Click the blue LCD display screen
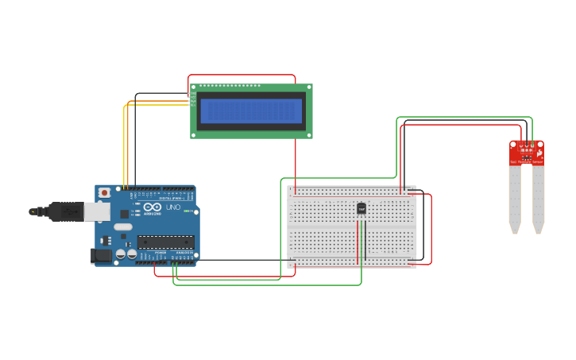pyautogui.click(x=251, y=111)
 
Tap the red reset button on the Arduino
pyautogui.click(x=104, y=192)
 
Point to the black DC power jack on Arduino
pyautogui.click(x=101, y=255)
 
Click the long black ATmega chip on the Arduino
pyautogui.click(x=165, y=242)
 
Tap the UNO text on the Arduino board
pyautogui.click(x=173, y=207)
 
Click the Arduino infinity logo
pyautogui.click(x=152, y=207)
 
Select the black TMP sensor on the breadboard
pyautogui.click(x=361, y=208)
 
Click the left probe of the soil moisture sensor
pyautogui.click(x=515, y=199)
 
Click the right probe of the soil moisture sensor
pyautogui.click(x=539, y=199)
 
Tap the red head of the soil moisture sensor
pyautogui.click(x=527, y=150)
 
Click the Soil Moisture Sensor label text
pyautogui.click(x=527, y=162)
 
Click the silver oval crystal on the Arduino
pyautogui.click(x=122, y=226)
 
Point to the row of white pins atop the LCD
pyautogui.click(x=230, y=85)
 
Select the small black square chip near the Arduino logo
pyautogui.click(x=125, y=214)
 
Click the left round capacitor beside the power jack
pyautogui.click(x=121, y=254)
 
